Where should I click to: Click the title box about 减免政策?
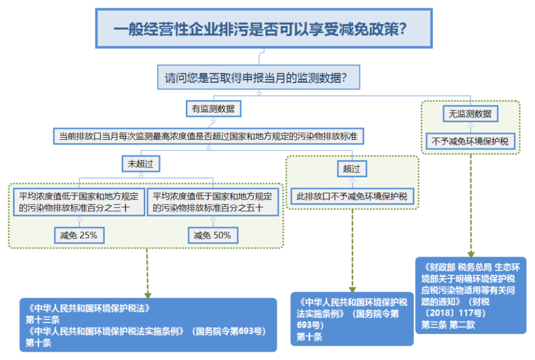pos(264,28)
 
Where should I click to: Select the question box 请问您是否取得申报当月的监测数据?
pos(259,77)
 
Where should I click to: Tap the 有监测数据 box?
pos(213,109)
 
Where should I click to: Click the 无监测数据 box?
pos(470,113)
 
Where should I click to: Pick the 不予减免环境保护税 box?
pos(470,141)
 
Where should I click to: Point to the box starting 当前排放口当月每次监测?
pos(209,137)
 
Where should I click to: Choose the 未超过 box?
pos(141,164)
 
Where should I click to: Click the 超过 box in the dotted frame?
pos(352,168)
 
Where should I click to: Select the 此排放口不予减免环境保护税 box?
pos(352,196)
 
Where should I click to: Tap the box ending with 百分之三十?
pos(79,202)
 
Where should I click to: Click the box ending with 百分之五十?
pos(213,202)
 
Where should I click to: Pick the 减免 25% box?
pos(79,235)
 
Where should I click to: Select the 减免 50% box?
pos(213,235)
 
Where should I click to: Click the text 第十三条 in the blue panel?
pos(42,320)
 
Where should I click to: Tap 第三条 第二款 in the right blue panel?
pos(448,324)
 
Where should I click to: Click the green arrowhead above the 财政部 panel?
pos(471,254)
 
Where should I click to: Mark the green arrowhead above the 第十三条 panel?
pos(148,295)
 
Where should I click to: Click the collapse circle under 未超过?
pos(141,175)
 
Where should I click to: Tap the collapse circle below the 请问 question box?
pos(259,93)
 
